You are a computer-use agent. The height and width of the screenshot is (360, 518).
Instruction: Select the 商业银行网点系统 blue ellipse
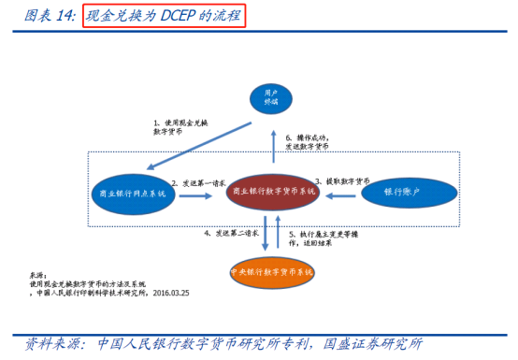[x=132, y=193]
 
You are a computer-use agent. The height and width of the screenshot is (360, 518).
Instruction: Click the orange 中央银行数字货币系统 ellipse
[x=272, y=272]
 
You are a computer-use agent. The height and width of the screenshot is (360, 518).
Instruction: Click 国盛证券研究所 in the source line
[x=371, y=343]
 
